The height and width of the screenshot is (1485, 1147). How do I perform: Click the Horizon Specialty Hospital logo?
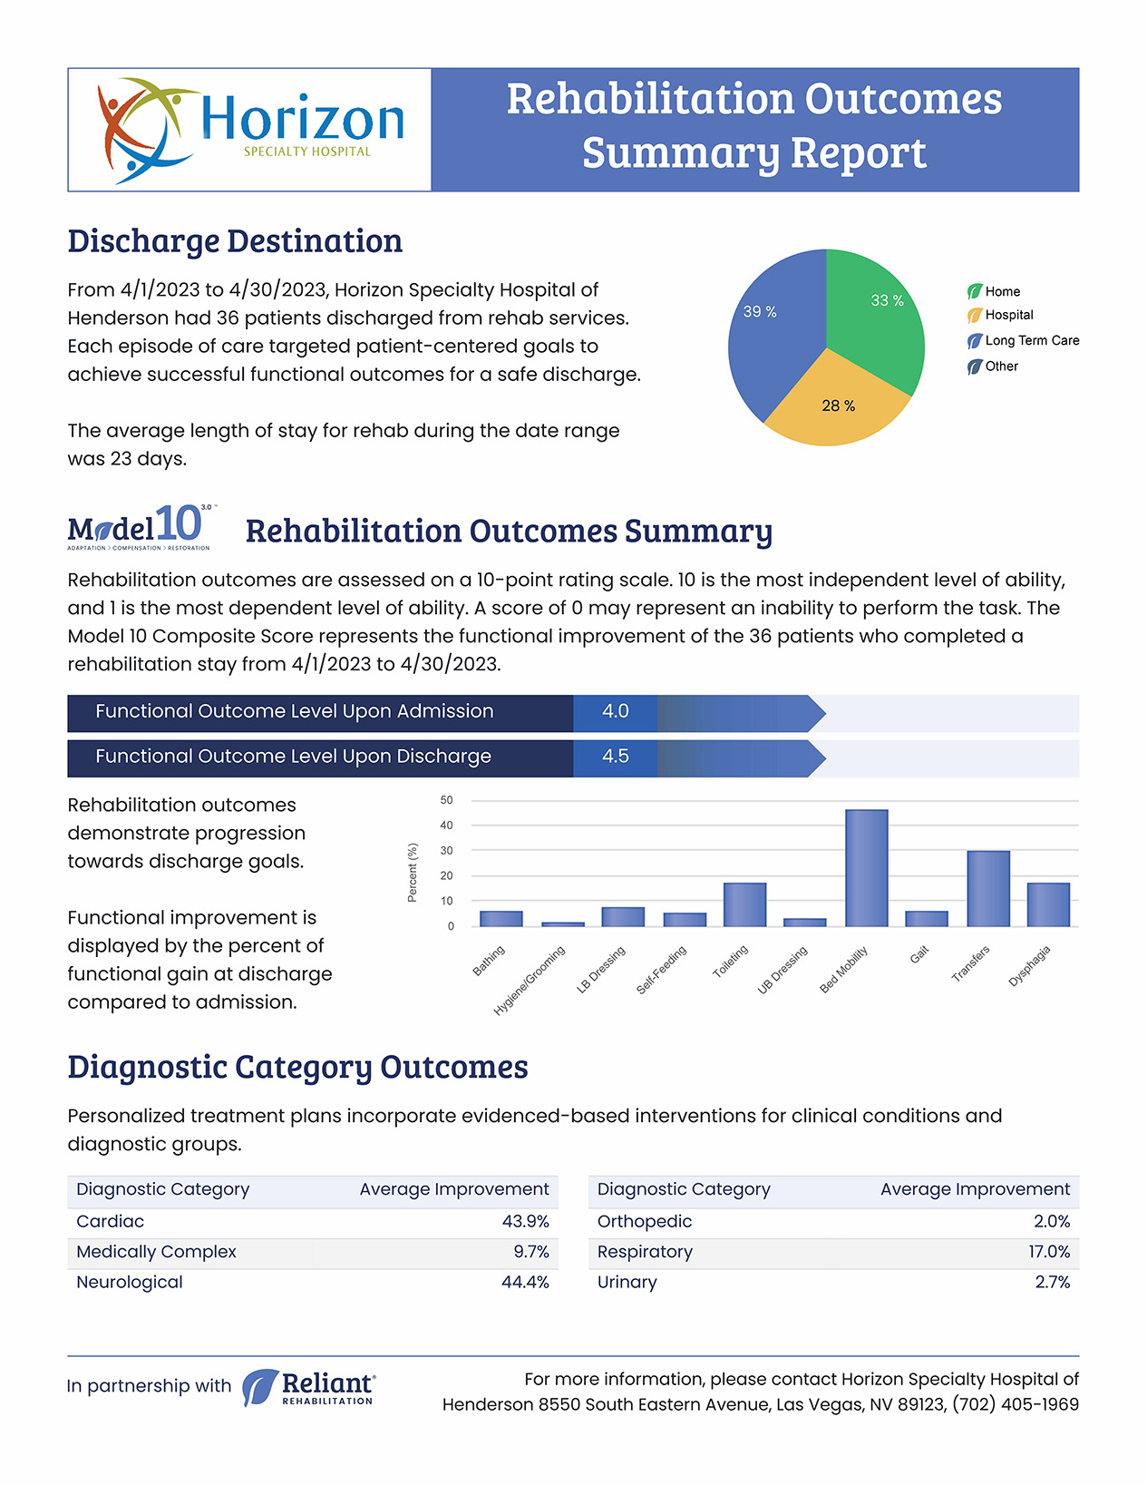point(250,130)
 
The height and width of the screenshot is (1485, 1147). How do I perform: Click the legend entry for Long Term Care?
point(1023,340)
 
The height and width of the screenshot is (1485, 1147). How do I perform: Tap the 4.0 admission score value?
point(615,711)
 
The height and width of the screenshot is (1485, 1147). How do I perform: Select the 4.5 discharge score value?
point(615,757)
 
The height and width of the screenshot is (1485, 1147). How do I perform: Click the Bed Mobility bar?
point(867,868)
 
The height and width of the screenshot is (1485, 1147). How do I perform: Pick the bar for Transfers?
point(988,888)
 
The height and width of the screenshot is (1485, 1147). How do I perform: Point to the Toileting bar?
point(744,904)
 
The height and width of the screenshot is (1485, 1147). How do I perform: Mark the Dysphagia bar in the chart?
point(1048,904)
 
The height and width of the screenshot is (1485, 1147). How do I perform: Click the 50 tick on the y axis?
point(446,800)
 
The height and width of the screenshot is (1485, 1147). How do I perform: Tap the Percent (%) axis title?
point(413,873)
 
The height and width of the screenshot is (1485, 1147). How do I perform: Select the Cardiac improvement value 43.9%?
point(525,1221)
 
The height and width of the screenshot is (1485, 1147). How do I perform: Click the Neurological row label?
point(130,1282)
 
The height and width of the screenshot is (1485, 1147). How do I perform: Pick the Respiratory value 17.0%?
point(1049,1252)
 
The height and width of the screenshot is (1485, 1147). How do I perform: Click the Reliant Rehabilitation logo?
point(308,1387)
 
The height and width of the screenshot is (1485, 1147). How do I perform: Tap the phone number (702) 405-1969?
point(1016,1404)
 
